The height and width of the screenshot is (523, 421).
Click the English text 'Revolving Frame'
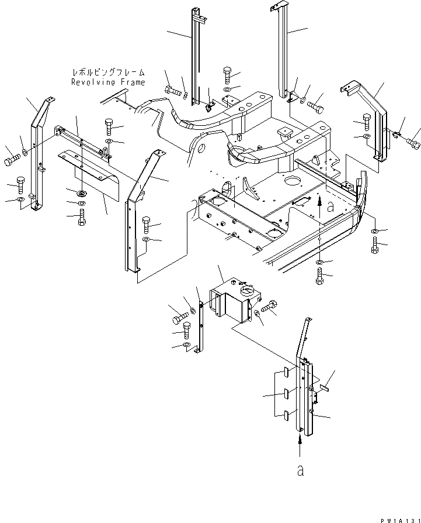(x=108, y=82)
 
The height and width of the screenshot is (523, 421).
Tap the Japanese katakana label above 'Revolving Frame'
(x=108, y=73)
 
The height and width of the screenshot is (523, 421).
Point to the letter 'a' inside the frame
(x=331, y=206)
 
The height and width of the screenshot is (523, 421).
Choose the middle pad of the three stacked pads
(x=284, y=394)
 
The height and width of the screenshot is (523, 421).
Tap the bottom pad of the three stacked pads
(x=284, y=415)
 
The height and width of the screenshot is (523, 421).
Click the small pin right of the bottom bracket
(x=325, y=387)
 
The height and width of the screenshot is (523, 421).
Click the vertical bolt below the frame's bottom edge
(x=320, y=279)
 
